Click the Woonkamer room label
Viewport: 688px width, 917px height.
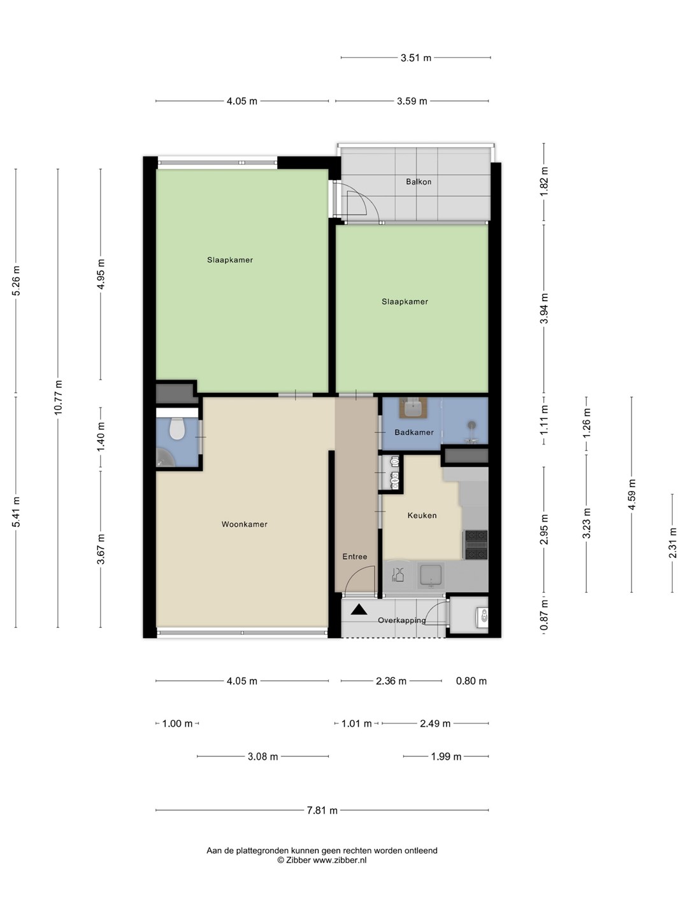245,524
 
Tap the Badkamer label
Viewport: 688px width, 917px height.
414,432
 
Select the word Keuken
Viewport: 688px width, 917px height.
422,516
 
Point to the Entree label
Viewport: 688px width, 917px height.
355,557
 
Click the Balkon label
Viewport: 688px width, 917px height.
419,181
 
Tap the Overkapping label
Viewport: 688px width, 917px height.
402,620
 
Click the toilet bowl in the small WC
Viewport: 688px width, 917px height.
177,429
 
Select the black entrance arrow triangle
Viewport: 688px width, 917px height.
359,609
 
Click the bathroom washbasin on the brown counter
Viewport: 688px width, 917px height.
413,408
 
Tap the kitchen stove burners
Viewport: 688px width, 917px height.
477,544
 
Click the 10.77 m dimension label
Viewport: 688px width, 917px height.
58,398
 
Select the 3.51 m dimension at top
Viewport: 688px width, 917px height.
415,58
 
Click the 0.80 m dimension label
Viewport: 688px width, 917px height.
471,681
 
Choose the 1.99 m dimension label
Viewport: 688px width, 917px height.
446,757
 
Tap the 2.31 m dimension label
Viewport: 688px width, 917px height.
673,543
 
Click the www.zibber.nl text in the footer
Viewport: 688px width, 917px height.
340,860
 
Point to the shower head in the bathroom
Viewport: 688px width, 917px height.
472,425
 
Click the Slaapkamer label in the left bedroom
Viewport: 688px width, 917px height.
230,260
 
